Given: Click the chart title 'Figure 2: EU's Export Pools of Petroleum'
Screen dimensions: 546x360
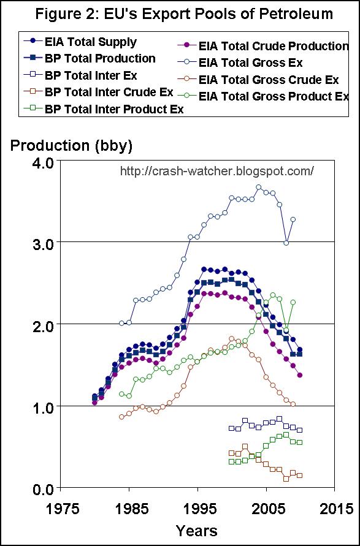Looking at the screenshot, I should pyautogui.click(x=180, y=13).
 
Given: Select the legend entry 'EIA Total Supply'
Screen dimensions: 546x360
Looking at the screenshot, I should pyautogui.click(x=90, y=42).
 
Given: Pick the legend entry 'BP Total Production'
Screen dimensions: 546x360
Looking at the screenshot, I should pyautogui.click(x=99, y=58).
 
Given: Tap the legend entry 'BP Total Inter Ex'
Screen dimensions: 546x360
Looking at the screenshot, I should pyautogui.click(x=90, y=76).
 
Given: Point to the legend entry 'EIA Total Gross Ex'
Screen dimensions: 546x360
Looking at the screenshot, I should pyautogui.click(x=250, y=63).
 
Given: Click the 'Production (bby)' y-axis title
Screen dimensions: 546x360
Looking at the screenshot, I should pyautogui.click(x=71, y=146).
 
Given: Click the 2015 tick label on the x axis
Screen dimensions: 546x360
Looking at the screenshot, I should pyautogui.click(x=335, y=508).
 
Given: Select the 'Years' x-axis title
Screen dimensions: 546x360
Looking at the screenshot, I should pyautogui.click(x=196, y=529).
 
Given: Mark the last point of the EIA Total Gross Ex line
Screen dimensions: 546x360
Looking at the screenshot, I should pyautogui.click(x=293, y=219).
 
